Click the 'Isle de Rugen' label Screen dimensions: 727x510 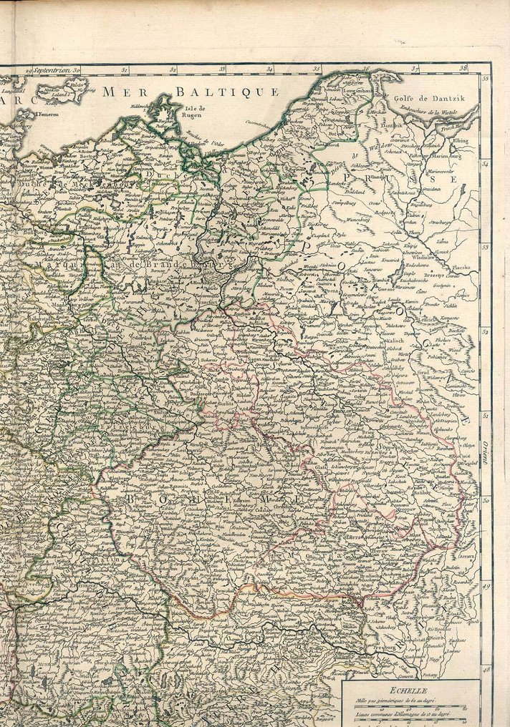click(x=193, y=110)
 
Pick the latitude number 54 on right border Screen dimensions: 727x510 click(x=486, y=163)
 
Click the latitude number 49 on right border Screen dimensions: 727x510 click(x=486, y=585)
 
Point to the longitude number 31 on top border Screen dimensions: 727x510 click(x=124, y=70)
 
